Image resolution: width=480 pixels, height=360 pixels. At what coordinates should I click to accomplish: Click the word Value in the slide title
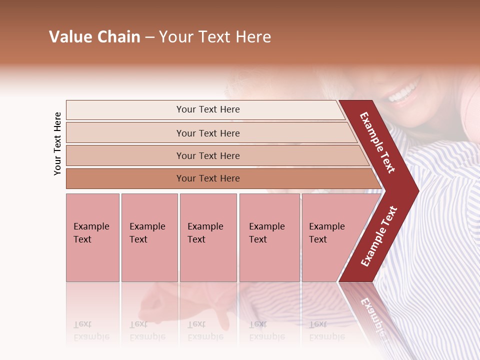coord(69,37)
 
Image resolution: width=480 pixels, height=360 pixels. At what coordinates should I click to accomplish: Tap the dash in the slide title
coord(149,37)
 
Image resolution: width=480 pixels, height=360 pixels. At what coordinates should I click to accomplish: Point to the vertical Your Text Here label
coord(57,143)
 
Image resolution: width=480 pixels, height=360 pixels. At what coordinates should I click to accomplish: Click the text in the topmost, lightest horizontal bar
coord(208,109)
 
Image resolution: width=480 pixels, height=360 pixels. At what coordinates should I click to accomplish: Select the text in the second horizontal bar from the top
coord(208,133)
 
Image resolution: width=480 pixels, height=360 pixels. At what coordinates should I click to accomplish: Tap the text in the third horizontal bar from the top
coord(208,155)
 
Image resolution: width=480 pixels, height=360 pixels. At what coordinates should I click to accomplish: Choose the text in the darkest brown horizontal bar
coord(208,178)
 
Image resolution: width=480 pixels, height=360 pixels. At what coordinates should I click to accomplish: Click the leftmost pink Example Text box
coord(92,237)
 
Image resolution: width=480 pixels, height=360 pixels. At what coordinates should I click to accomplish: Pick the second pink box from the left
coord(149,237)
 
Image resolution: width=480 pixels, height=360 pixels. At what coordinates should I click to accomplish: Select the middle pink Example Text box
coord(208,237)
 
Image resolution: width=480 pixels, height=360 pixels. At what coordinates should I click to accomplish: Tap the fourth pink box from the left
coord(269,237)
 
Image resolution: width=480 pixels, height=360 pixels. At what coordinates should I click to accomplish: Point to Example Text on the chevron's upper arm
coord(377,142)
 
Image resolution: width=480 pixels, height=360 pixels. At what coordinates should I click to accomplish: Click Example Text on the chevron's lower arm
coord(379,236)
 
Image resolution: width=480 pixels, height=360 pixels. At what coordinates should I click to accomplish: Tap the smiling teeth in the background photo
coord(403,93)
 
